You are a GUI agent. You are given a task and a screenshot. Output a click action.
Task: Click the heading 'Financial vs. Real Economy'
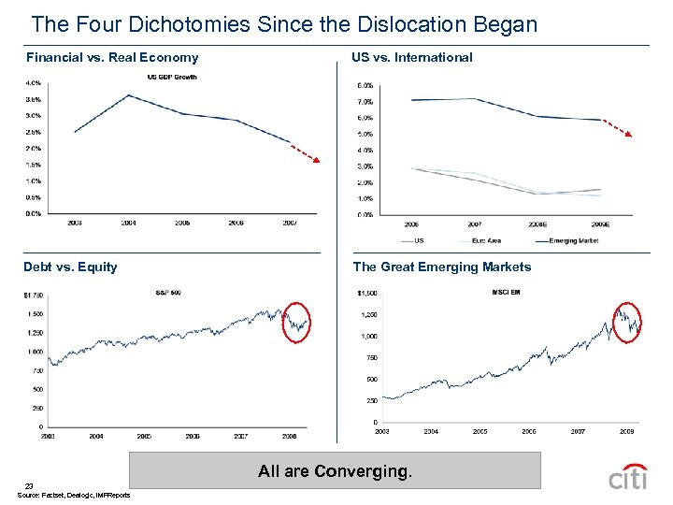[x=111, y=58]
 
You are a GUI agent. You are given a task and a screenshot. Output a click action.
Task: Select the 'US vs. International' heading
[x=411, y=58]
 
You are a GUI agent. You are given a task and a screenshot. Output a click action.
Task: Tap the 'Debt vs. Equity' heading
[x=71, y=267]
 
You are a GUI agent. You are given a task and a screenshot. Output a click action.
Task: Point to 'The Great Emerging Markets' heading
[x=441, y=267]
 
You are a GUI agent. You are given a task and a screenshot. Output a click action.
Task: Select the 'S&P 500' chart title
[x=168, y=293]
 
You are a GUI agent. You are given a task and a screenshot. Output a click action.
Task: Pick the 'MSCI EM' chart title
[x=507, y=291]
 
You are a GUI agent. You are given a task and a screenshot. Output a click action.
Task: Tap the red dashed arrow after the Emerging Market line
[x=616, y=127]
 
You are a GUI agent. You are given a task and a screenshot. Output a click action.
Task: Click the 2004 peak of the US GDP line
[x=128, y=95]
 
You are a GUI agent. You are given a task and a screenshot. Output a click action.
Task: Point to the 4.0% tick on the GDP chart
[x=33, y=82]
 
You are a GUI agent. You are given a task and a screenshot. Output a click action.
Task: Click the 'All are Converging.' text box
[x=334, y=471]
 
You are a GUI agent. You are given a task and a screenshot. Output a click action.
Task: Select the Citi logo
[x=627, y=477]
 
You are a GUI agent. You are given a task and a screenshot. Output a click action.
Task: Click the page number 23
[x=30, y=485]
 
